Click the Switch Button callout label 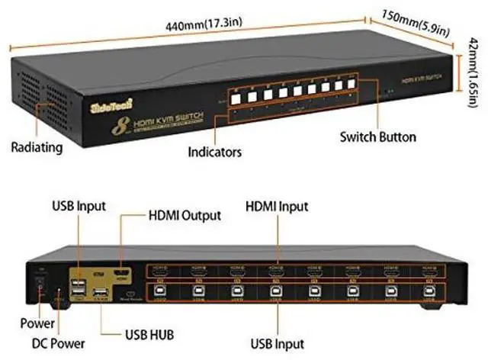(378, 137)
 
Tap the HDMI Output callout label (183, 216)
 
